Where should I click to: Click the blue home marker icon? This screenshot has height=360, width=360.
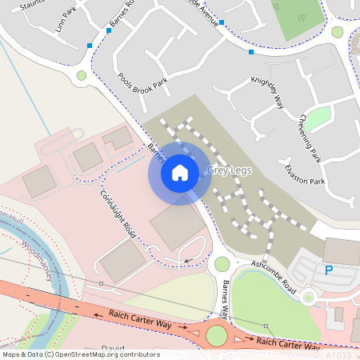[x=180, y=172]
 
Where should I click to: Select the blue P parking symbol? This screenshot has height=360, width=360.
[x=328, y=270]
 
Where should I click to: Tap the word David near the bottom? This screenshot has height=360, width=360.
[x=114, y=349]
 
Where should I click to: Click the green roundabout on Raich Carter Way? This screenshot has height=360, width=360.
[x=217, y=335]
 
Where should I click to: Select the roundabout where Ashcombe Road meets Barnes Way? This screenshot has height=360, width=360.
[x=222, y=264]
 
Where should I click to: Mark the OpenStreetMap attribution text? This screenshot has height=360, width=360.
[x=81, y=354]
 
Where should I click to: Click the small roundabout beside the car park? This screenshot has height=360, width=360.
[x=308, y=298]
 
